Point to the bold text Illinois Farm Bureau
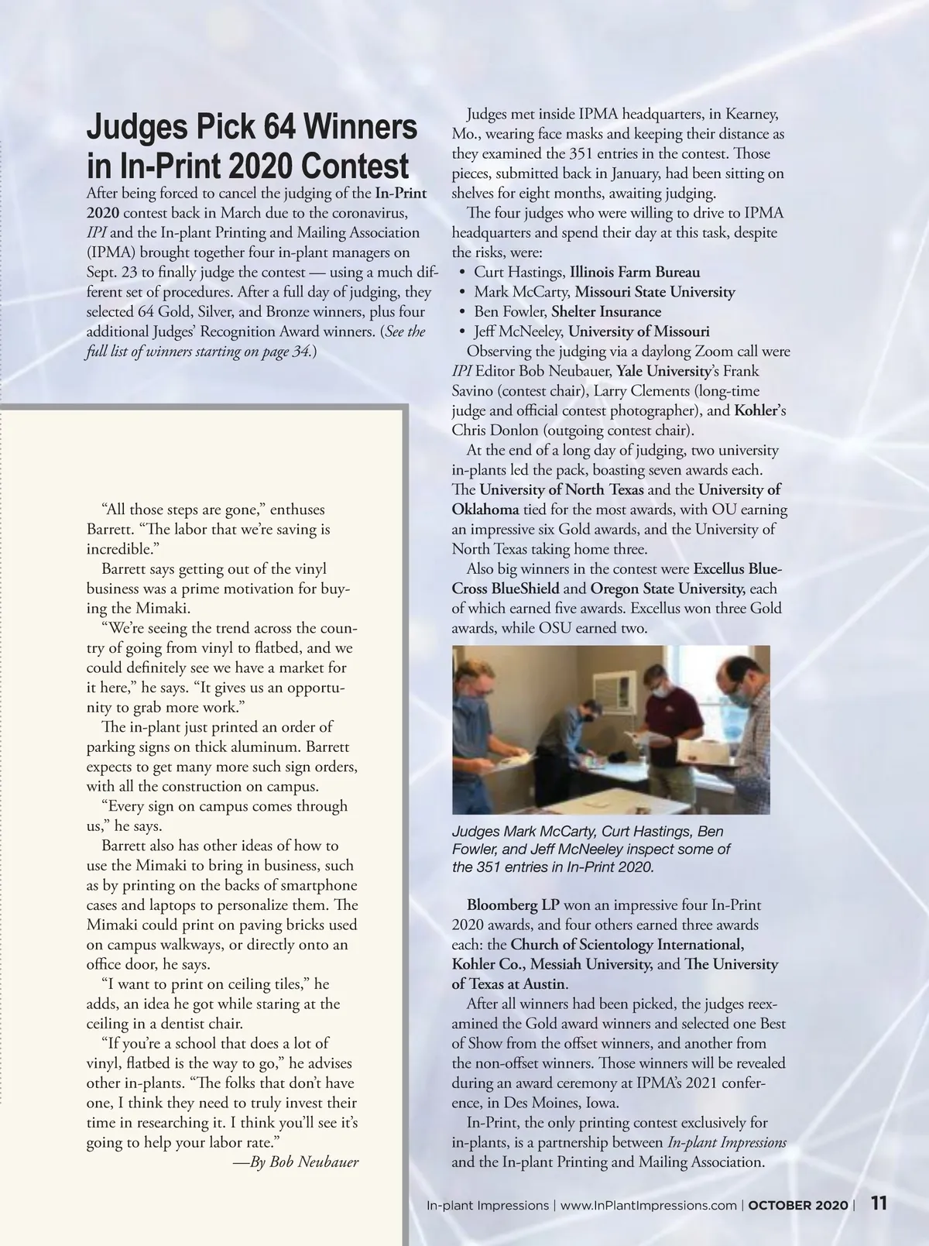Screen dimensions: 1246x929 [x=635, y=272]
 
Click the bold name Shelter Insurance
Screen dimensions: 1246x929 [x=606, y=311]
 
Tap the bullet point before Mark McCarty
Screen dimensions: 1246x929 [x=461, y=292]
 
